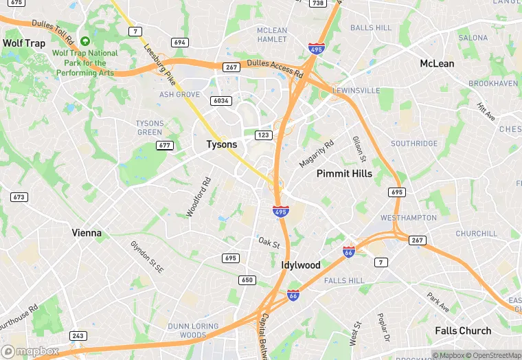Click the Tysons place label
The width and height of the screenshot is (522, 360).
coord(222,145)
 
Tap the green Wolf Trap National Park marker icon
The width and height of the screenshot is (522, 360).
coord(85,41)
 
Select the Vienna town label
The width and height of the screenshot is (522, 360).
coord(87,233)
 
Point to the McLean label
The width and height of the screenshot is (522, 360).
coord(437,64)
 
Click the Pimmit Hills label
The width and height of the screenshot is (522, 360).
coord(344,174)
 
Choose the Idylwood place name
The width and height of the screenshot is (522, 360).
coord(301,265)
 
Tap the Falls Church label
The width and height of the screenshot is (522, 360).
coord(463,330)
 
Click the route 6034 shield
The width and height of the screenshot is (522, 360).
coord(220,101)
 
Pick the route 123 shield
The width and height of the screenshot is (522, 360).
coord(263,135)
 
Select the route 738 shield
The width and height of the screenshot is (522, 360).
coord(317,3)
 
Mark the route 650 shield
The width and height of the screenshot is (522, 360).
coord(247,280)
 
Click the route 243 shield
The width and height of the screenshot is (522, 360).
coord(78,336)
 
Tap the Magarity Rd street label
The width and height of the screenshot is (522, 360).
coord(316,153)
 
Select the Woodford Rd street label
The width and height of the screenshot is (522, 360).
coord(199,198)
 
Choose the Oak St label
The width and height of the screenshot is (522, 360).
coord(269,243)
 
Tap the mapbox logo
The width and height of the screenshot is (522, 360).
coord(30,351)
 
